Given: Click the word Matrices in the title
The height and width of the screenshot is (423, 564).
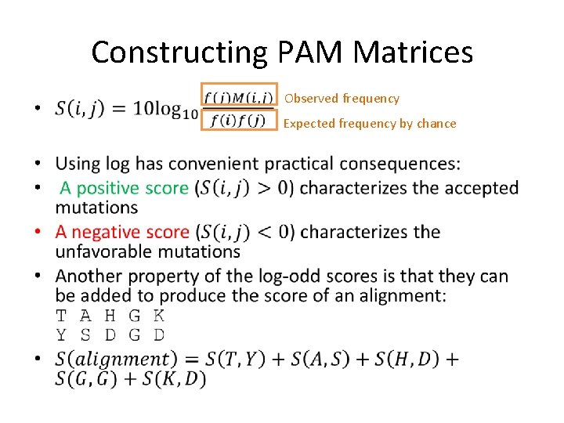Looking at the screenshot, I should pyautogui.click(x=414, y=52).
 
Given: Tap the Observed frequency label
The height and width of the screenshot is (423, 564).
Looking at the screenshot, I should pyautogui.click(x=342, y=99).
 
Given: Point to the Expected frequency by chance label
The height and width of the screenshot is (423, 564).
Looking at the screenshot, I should pyautogui.click(x=370, y=124).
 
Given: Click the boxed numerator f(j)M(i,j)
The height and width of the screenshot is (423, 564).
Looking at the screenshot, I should pyautogui.click(x=239, y=98).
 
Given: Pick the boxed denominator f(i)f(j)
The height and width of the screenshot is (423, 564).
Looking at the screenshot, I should pyautogui.click(x=239, y=120).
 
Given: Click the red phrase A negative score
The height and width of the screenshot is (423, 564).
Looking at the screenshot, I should pyautogui.click(x=122, y=233).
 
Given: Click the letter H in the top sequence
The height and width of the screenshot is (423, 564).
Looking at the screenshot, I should pyautogui.click(x=110, y=316).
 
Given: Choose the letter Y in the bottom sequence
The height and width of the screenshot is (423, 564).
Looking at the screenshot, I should pyautogui.click(x=61, y=334).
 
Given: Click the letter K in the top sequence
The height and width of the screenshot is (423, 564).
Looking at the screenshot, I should pyautogui.click(x=158, y=316).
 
